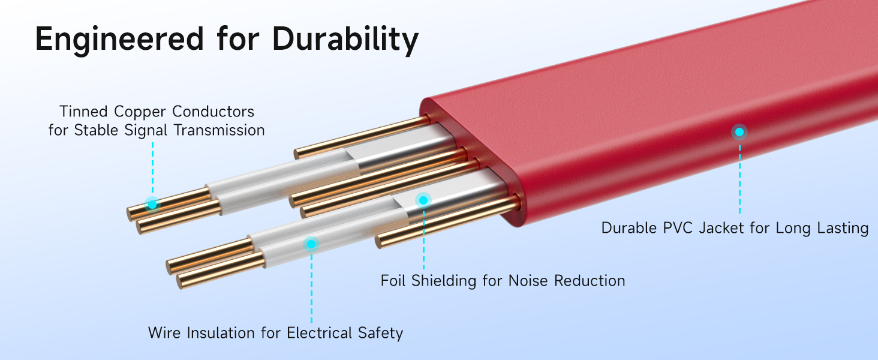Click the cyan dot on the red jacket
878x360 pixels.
(739, 132)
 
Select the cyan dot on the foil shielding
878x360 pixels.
(423, 200)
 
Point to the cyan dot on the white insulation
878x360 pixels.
(311, 244)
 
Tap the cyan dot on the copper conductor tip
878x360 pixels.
(152, 205)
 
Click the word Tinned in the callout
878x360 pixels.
(83, 112)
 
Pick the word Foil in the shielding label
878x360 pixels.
(393, 280)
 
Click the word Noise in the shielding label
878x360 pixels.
(528, 280)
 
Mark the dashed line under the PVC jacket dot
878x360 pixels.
(739, 177)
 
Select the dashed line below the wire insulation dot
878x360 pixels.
(311, 288)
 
